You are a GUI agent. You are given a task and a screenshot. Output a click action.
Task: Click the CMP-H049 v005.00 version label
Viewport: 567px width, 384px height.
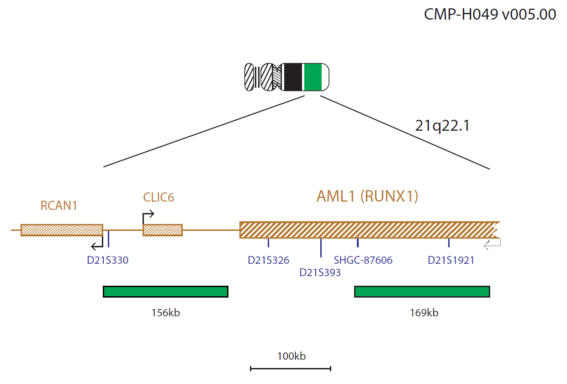point(490,14)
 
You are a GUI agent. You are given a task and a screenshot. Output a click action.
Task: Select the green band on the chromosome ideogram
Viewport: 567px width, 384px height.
point(313,77)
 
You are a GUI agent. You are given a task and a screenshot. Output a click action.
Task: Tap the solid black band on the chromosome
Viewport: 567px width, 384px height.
point(293,77)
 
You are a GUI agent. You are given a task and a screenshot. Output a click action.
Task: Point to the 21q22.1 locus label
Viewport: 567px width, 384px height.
point(442,126)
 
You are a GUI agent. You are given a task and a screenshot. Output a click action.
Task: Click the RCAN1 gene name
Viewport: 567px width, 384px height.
point(59,205)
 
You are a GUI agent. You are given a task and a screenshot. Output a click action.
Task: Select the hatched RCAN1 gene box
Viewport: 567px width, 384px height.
point(62,230)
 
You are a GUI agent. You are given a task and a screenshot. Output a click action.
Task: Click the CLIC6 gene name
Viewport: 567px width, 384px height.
point(159,197)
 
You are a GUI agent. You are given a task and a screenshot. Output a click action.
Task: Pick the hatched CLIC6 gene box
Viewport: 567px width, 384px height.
point(163,230)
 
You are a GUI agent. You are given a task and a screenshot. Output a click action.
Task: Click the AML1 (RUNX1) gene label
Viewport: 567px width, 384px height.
point(367,196)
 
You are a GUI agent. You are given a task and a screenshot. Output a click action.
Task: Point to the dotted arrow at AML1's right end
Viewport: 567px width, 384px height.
point(492,245)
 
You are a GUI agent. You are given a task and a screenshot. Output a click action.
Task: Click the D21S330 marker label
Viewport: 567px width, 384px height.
point(107,260)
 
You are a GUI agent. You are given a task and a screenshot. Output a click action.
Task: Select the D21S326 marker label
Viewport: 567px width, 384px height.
point(268,260)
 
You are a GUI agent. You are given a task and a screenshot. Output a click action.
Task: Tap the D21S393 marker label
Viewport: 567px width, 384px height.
point(320,272)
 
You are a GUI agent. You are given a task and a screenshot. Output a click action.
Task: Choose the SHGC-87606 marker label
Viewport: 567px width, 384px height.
point(363,260)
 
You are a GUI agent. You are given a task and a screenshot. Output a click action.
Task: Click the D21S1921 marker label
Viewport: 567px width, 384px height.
point(451,260)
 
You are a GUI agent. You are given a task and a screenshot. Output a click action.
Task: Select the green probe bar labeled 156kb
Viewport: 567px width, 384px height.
point(165,292)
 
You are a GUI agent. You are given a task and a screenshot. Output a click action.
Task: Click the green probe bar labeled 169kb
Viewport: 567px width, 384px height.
point(422,292)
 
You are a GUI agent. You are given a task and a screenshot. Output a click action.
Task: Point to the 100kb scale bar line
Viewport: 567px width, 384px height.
point(291,368)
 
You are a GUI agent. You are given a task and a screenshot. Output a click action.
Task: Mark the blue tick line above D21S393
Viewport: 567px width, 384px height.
point(321,248)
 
